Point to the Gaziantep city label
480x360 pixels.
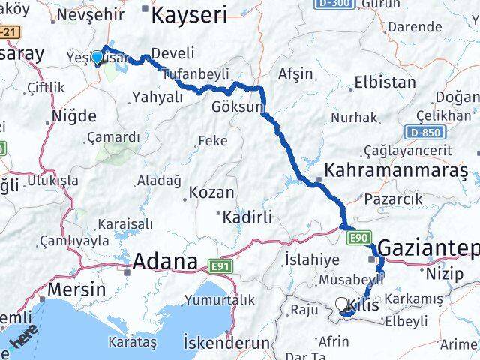pyautogui.click(x=428, y=247)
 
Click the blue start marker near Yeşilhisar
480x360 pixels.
pyautogui.click(x=97, y=57)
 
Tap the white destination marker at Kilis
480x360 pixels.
pyautogui.click(x=343, y=304)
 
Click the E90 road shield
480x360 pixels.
pyautogui.click(x=358, y=238)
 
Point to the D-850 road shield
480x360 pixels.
pyautogui.click(x=424, y=133)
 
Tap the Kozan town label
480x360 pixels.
pyautogui.click(x=211, y=193)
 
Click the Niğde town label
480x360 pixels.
pyautogui.click(x=73, y=116)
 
